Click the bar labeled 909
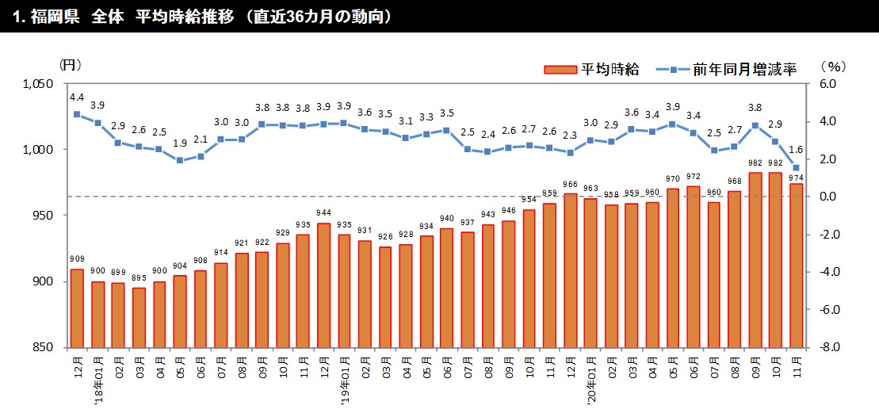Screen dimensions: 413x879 click(77, 308)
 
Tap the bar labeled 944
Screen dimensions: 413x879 click(323, 285)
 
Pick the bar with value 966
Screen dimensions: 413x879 click(570, 270)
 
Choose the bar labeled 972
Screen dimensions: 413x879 click(694, 266)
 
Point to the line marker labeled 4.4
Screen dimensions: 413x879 click(77, 114)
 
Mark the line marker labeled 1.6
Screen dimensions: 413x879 click(796, 167)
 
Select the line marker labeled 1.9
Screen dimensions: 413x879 click(180, 160)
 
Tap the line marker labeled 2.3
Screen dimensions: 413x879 click(570, 152)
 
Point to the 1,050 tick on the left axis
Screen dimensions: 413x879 click(37, 84)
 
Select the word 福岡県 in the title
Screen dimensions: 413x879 click(55, 17)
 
